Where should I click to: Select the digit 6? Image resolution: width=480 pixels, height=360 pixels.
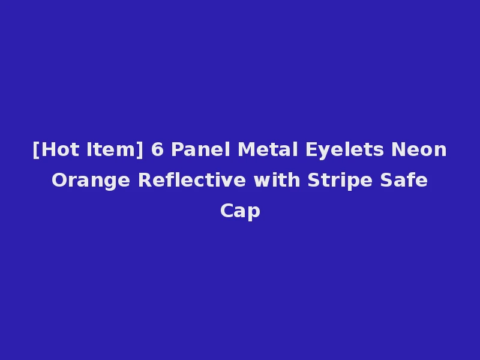(x=157, y=149)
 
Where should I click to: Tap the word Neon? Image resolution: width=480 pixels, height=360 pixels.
(x=419, y=149)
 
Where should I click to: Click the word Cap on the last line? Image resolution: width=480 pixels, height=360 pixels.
(x=240, y=211)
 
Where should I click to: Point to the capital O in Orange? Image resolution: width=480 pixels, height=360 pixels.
(x=59, y=180)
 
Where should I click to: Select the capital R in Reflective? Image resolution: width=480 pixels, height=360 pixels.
(x=144, y=180)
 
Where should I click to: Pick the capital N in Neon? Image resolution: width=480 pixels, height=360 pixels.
(x=398, y=149)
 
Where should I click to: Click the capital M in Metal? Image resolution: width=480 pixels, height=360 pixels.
(x=245, y=149)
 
